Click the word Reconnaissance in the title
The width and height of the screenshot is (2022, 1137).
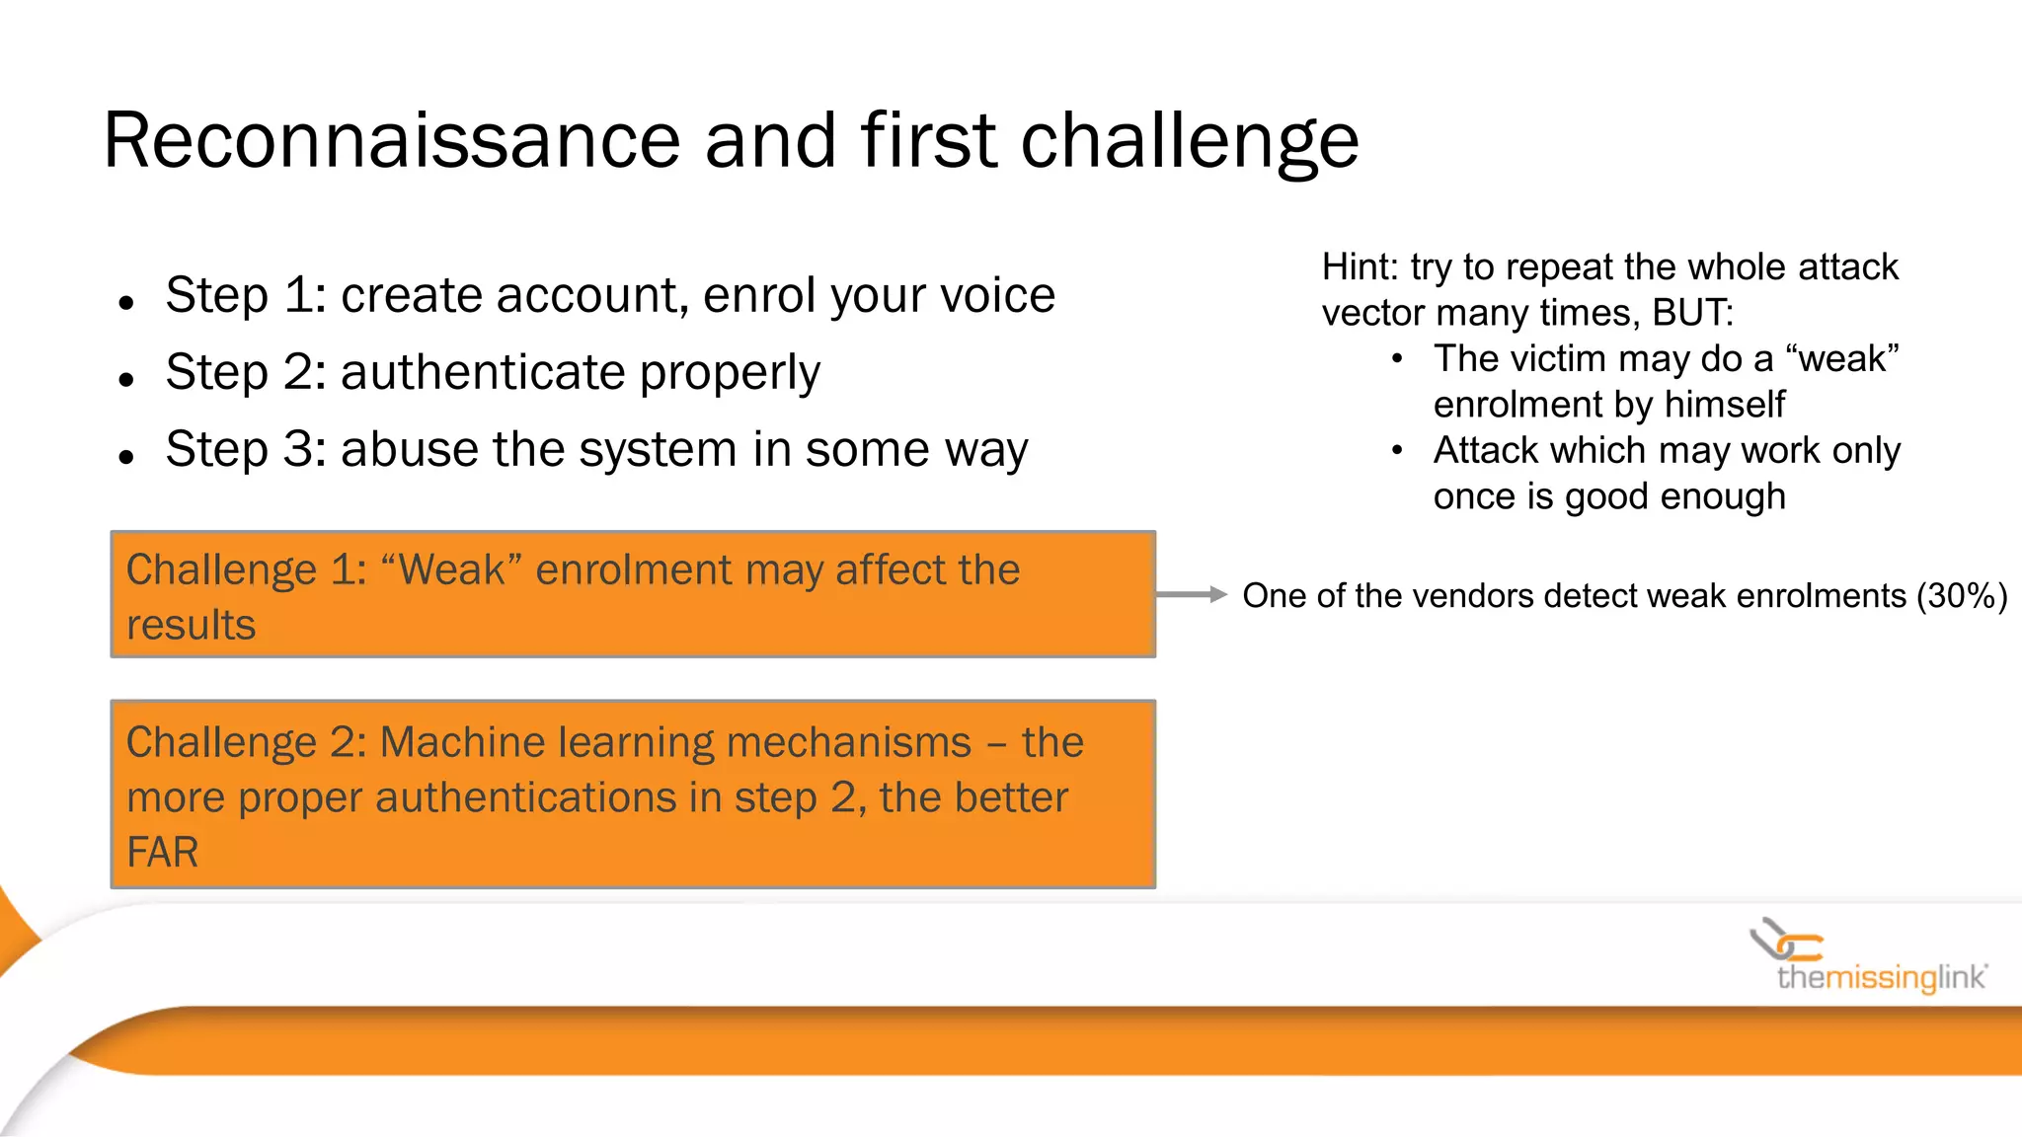[x=391, y=141]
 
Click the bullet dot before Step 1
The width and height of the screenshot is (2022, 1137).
[x=125, y=302]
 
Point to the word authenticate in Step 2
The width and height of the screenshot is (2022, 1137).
[x=482, y=372]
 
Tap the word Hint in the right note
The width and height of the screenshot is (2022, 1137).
[x=1358, y=267]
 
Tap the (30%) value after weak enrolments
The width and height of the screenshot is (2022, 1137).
[x=1961, y=596]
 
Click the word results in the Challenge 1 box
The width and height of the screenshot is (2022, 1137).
[x=191, y=626]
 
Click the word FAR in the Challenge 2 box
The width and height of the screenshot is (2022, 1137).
[x=162, y=853]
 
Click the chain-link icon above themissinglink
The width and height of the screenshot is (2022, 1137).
[x=1785, y=940]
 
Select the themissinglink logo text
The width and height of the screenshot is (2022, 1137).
[x=1881, y=978]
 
